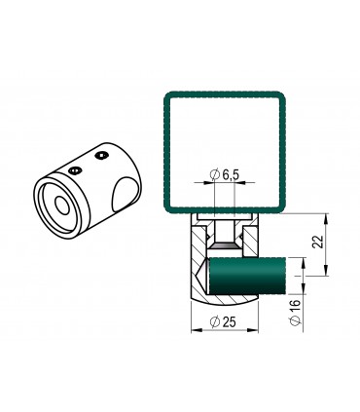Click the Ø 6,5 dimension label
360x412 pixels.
pos(225,174)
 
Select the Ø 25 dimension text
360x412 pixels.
pos(223,321)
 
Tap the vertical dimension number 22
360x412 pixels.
pos(318,242)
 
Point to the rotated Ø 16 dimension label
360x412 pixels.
pos(295,312)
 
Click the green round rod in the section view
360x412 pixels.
pos(248,276)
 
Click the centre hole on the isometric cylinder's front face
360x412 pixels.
pos(62,206)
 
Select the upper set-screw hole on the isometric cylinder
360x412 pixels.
pos(101,156)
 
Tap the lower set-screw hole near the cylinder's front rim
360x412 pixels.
pos(75,169)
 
